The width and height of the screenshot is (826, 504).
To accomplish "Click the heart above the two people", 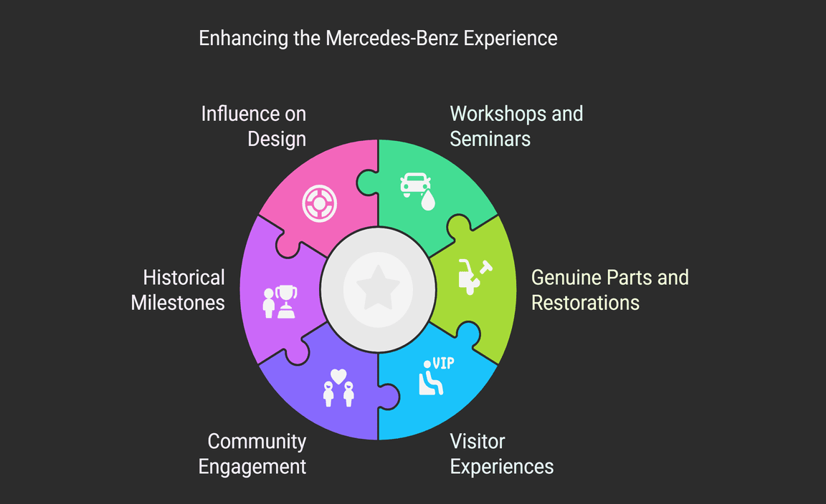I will click(338, 376).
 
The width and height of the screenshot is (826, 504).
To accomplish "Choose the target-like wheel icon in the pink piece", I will click(319, 203).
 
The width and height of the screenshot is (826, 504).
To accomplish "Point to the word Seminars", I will click(490, 138).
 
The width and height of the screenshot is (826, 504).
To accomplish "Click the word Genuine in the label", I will click(566, 277).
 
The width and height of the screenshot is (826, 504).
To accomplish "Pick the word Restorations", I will click(585, 302).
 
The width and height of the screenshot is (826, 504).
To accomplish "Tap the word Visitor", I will click(477, 442).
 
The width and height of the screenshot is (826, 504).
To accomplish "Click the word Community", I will click(257, 442).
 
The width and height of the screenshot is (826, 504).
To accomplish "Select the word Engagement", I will click(252, 467).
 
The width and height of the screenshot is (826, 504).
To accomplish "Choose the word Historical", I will click(184, 277).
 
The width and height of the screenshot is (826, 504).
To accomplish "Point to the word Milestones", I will click(178, 302).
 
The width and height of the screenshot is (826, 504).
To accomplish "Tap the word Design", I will click(277, 138).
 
